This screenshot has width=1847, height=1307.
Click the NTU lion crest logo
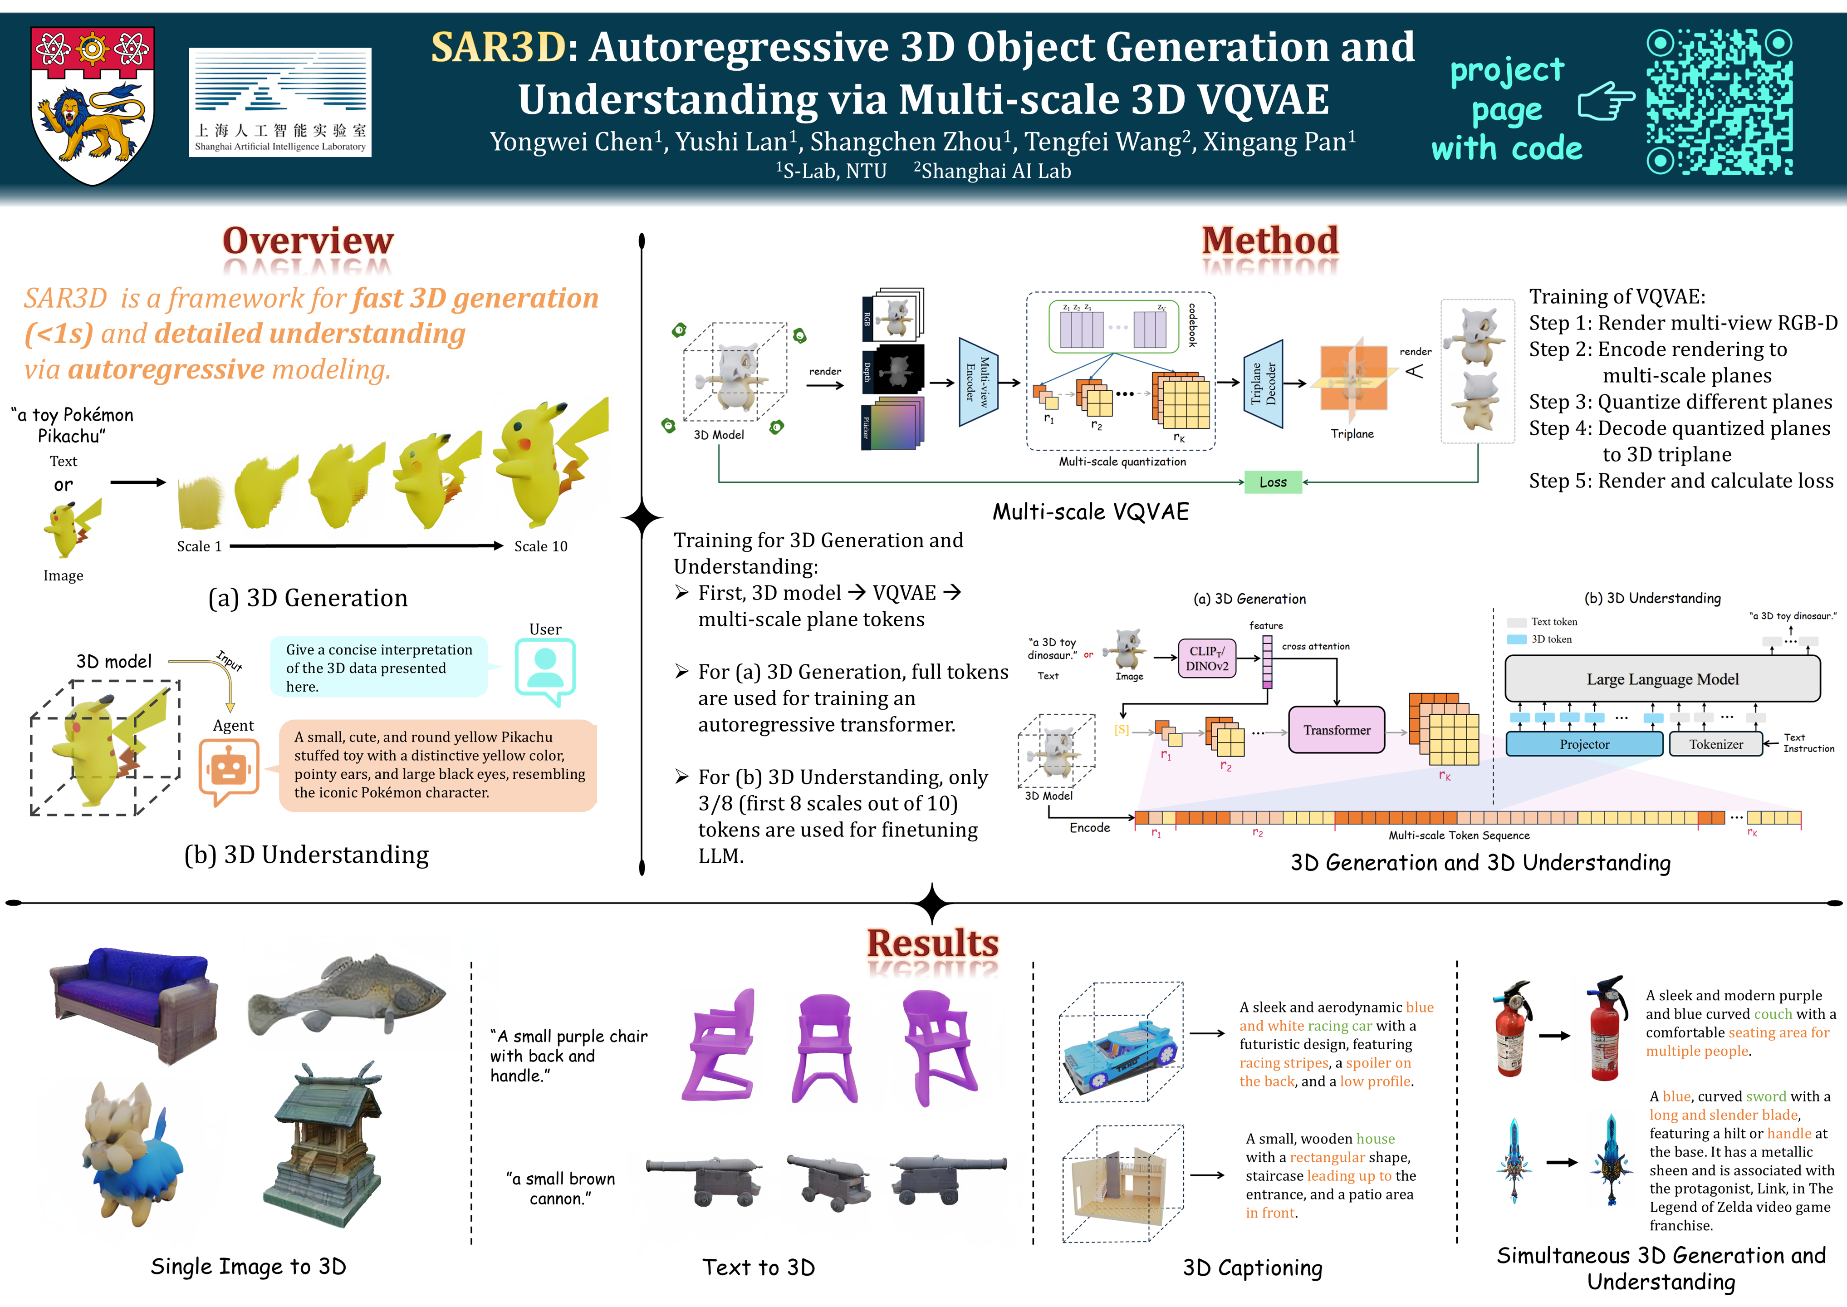point(93,105)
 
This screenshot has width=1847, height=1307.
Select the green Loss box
point(1273,482)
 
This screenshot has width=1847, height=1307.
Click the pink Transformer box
point(1336,730)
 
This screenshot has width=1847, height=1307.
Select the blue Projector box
point(1584,744)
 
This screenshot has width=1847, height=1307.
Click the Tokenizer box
point(1715,744)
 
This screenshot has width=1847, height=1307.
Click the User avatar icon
point(545,668)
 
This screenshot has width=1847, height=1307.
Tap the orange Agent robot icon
point(229,769)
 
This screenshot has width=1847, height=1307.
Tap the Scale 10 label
point(541,546)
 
